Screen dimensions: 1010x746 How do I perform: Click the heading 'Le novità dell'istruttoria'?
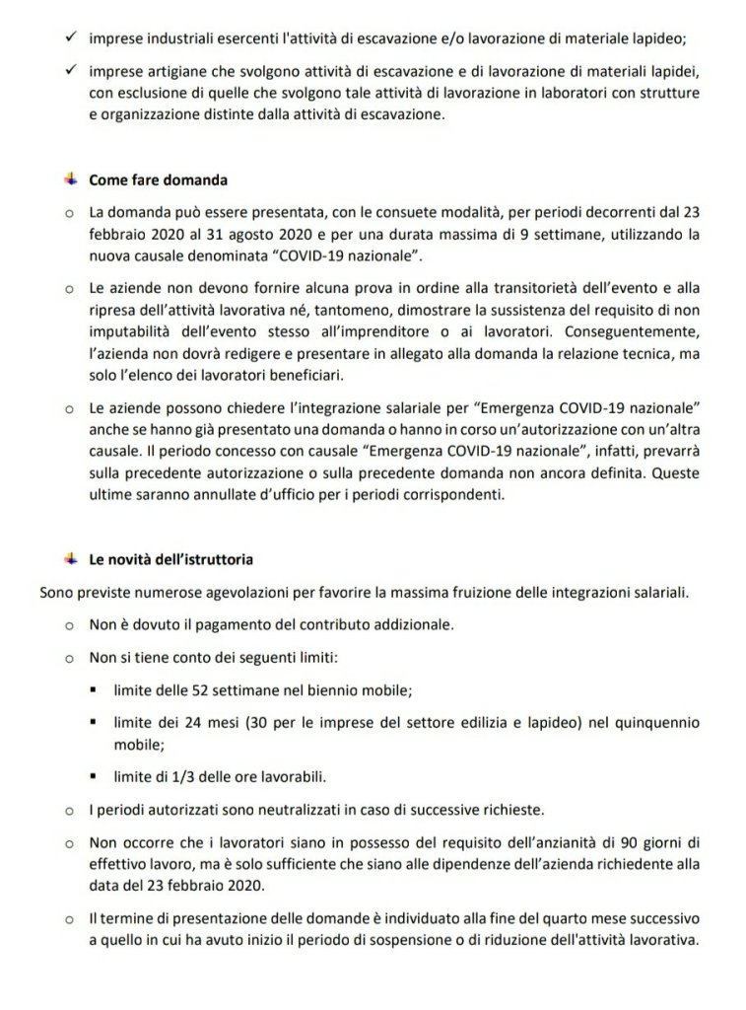coord(170,559)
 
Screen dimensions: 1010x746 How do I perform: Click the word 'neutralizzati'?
coord(301,810)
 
